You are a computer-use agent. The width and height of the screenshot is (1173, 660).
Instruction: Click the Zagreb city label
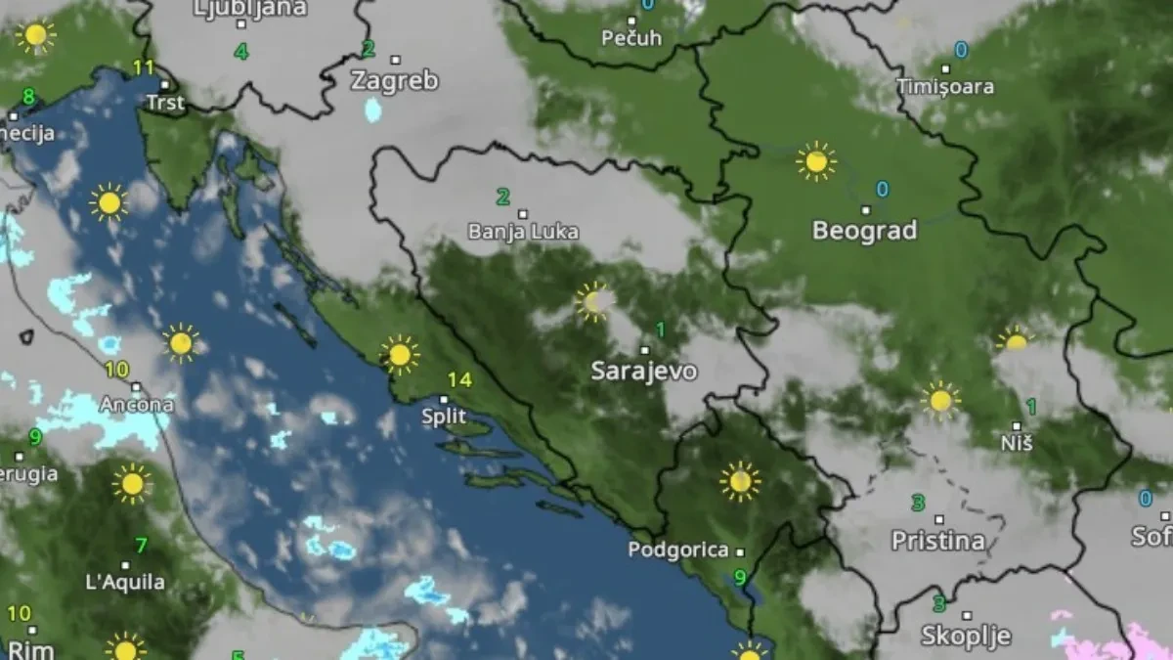pos(395,80)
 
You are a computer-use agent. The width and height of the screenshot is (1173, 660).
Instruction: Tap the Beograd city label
pos(865,232)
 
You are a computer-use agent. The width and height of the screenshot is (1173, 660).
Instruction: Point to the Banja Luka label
pos(523,233)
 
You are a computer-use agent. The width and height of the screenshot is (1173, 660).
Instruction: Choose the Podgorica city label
pos(678,550)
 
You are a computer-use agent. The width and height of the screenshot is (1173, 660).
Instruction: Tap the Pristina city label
pos(937,541)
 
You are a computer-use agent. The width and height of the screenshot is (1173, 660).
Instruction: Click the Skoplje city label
pos(966,637)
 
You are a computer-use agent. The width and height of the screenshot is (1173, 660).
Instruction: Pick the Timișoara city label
pos(945,87)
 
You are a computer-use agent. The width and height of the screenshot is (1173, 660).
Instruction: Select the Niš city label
pos(1017,445)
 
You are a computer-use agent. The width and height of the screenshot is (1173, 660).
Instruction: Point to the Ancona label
pos(137,404)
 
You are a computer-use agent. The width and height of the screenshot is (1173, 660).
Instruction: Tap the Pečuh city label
pos(630,38)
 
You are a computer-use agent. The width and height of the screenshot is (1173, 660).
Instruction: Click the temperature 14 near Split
pos(459,380)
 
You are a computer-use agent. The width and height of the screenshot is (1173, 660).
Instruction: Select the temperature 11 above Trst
pos(144,67)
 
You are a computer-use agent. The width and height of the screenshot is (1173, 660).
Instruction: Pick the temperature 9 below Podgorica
pos(740,577)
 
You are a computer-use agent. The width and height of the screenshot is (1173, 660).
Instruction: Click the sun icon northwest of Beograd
pos(815,161)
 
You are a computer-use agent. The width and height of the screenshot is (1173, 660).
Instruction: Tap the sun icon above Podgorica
pos(740,481)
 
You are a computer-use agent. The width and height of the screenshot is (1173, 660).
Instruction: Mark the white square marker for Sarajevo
pos(644,349)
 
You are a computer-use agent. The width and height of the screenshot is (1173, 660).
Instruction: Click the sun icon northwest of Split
pos(399,354)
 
